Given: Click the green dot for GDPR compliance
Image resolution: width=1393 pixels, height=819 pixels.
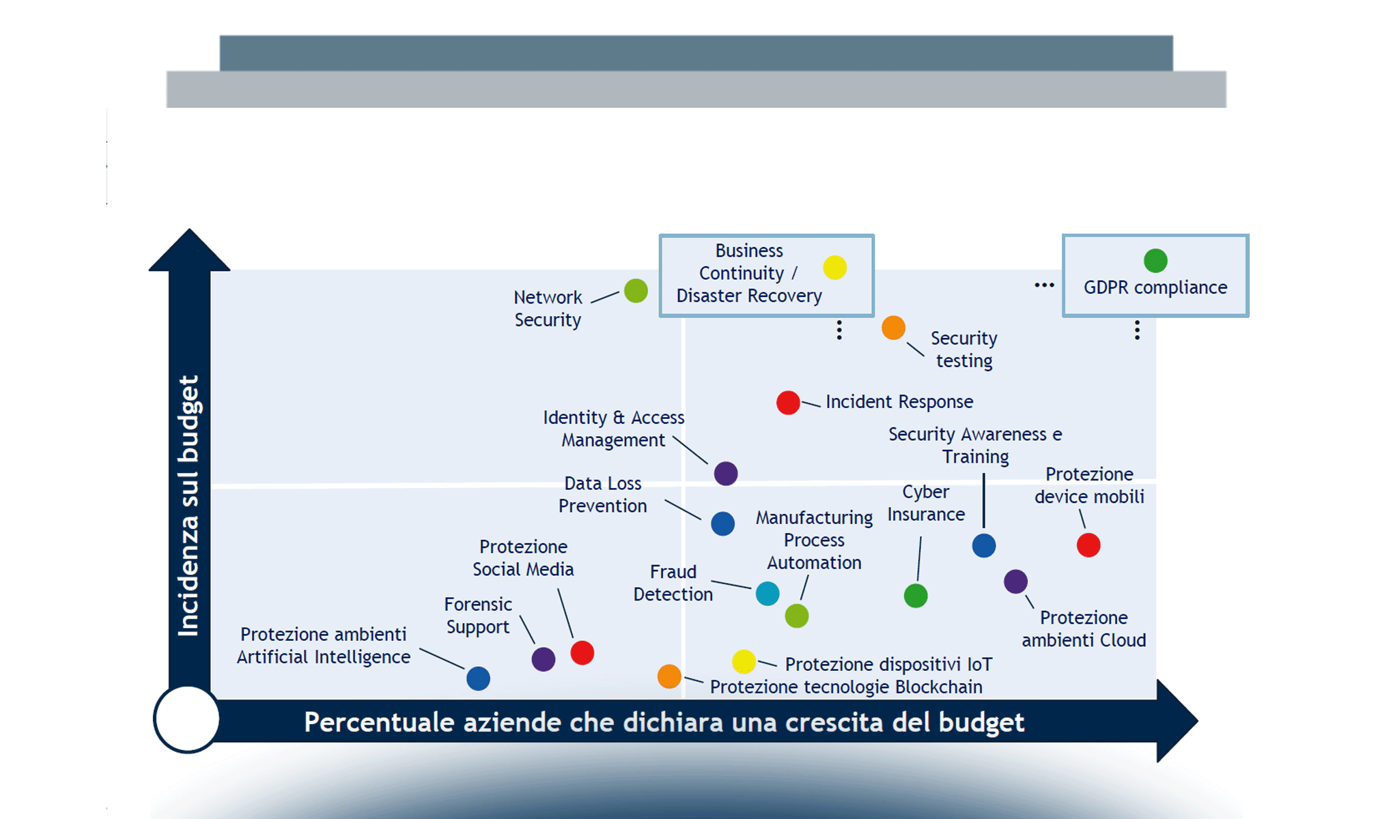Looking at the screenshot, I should [1155, 260].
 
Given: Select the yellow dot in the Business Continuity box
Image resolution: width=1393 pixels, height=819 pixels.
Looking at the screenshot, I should [834, 268].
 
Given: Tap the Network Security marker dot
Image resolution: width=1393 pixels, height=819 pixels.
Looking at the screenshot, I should [636, 291].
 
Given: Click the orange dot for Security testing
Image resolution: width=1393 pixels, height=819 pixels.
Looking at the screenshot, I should [893, 328].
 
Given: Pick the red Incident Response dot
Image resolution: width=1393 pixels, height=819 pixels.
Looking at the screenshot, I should [788, 403].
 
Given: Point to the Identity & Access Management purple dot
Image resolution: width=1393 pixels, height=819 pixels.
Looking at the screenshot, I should [726, 473].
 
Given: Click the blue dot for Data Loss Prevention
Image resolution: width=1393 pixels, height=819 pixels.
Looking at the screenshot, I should [722, 523].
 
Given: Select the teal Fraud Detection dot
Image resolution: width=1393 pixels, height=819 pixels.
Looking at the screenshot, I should [768, 593].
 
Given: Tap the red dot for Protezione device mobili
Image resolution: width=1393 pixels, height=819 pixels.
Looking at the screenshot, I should [1088, 545].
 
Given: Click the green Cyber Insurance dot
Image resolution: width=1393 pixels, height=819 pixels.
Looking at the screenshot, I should [916, 596].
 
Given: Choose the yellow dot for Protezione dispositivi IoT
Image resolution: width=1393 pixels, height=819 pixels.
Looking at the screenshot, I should [744, 661].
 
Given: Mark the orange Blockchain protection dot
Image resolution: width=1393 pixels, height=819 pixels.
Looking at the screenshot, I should [669, 676].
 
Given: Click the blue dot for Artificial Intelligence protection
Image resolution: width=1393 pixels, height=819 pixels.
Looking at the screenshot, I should [478, 678].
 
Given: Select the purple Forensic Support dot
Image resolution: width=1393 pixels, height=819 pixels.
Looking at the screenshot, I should [544, 659].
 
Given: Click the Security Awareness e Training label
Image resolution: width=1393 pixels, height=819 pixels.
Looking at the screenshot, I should [975, 445].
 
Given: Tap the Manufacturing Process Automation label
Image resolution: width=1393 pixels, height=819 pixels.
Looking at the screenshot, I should [814, 540].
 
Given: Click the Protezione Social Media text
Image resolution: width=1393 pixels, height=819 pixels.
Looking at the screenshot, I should [523, 558].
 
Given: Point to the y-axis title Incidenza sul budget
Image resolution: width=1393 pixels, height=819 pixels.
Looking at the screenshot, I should [188, 505].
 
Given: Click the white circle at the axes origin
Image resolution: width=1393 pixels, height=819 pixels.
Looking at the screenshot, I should [186, 719].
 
